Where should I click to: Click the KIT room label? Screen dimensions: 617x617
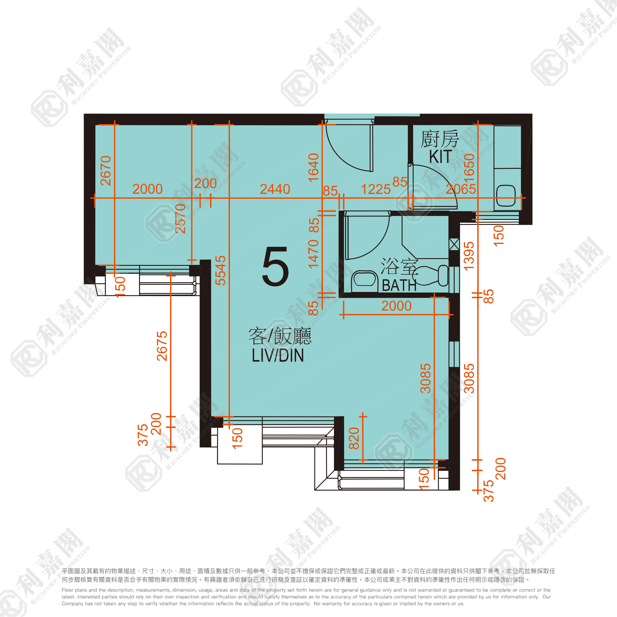pos(440,156)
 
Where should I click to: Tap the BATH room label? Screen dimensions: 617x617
pos(399,286)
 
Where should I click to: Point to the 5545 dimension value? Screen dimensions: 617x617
pos(221,270)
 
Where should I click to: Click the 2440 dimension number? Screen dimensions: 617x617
pos(275,189)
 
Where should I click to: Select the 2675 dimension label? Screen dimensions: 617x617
pos(162,346)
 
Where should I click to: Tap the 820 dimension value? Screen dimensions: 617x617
pos(354,438)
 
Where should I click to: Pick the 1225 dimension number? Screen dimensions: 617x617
pos(376,189)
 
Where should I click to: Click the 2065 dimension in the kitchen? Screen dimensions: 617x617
pos(461,189)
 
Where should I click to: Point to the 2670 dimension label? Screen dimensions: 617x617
pos(106,171)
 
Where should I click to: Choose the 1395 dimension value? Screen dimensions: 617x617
pos(469,256)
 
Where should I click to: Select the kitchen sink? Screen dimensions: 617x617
pos(506,196)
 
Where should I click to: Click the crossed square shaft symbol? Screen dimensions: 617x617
pos(454,244)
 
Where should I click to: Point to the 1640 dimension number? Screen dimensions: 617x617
pos(314,168)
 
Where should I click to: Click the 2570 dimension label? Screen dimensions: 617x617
pos(180,219)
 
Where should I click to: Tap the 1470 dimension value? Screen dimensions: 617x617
pos(314,254)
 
